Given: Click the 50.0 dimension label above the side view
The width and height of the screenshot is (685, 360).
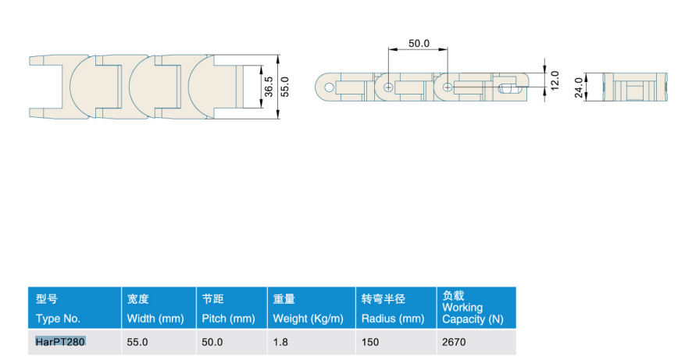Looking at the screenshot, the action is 419,43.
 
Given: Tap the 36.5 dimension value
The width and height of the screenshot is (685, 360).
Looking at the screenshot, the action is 269,87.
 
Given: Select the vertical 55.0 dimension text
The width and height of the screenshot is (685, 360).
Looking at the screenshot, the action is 284,87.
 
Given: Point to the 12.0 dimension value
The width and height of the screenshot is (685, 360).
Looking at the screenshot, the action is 555,81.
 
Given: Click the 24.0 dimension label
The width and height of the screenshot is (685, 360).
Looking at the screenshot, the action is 579,87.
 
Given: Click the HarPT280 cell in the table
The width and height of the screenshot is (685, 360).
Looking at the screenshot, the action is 60,342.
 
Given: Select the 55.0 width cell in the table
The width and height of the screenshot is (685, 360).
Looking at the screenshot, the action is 137,342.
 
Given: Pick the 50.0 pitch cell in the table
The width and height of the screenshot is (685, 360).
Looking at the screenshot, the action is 212,342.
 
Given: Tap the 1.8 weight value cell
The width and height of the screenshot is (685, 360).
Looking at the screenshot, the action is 280,342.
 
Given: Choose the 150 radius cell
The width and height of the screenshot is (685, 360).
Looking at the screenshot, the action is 370,342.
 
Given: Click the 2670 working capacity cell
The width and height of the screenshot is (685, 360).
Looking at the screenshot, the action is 454,342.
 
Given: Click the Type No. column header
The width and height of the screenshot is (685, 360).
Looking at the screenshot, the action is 58,319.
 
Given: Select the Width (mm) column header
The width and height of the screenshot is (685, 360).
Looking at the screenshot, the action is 155,319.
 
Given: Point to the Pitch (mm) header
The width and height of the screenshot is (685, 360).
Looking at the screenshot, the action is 229,319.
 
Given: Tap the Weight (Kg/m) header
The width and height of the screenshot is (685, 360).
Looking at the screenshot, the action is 308,319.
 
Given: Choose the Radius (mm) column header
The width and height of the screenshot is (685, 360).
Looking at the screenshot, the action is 393,319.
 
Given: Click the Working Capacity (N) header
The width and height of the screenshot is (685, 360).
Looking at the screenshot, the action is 473,313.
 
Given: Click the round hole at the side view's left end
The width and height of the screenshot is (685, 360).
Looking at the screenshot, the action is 330,87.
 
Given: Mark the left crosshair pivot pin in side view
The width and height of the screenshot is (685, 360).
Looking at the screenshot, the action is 388,87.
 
